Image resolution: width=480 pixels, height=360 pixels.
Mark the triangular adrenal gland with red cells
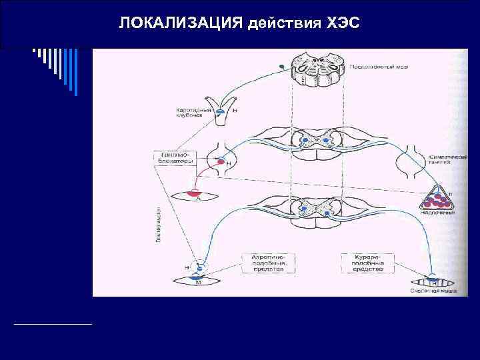coord(436,197)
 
